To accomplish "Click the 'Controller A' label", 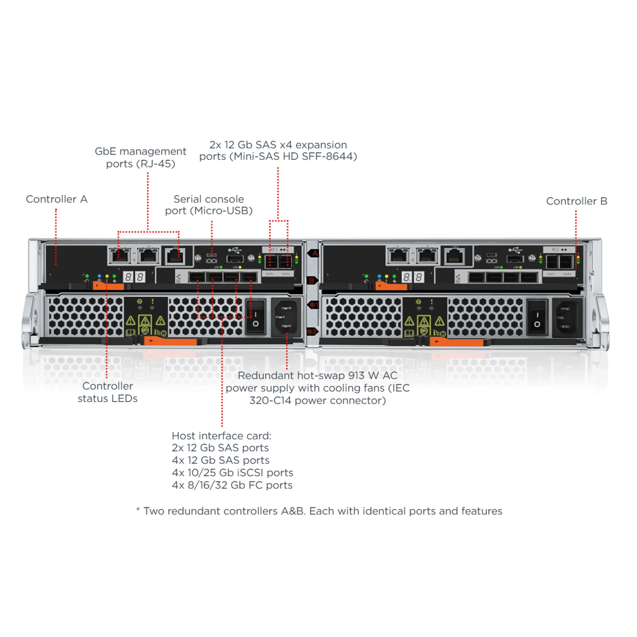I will pyautogui.click(x=57, y=199).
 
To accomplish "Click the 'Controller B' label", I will pyautogui.click(x=577, y=201).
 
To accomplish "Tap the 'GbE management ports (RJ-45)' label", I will pyautogui.click(x=140, y=157).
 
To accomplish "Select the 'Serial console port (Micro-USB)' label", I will pyautogui.click(x=209, y=205).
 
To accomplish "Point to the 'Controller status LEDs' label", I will pyautogui.click(x=107, y=392).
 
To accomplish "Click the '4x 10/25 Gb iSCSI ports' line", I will pyautogui.click(x=232, y=472).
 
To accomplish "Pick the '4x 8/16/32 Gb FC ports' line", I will pyautogui.click(x=232, y=485).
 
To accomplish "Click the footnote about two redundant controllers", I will pyautogui.click(x=319, y=511).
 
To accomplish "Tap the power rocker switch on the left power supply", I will pyautogui.click(x=255, y=317).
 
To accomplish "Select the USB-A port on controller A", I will pyautogui.click(x=235, y=259).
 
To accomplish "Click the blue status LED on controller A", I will pyautogui.click(x=99, y=276).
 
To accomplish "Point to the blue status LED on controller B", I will pyautogui.click(x=379, y=276).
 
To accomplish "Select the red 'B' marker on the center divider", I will pyautogui.click(x=312, y=281).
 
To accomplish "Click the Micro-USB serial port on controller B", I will pyautogui.click(x=491, y=255).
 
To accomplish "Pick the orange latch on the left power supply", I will pyautogui.click(x=170, y=341).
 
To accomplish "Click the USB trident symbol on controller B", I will pyautogui.click(x=515, y=249).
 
